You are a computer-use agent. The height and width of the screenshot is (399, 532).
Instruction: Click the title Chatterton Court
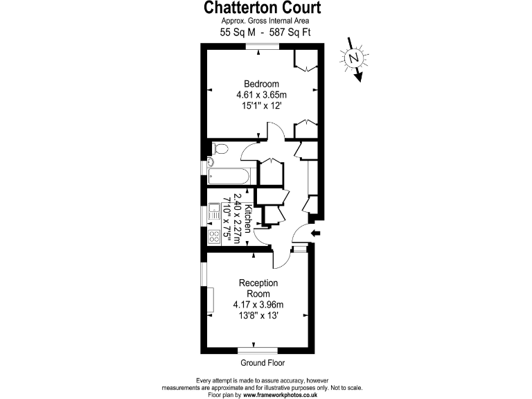[263, 8]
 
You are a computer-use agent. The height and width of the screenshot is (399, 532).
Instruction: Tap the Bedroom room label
[262, 84]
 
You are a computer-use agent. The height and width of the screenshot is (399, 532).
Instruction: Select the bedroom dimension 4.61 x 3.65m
[262, 95]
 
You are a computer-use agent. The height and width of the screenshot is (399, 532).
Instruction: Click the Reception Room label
[258, 288]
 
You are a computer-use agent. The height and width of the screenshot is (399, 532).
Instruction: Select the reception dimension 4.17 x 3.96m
[258, 305]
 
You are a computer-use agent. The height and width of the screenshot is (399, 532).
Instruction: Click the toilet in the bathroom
[220, 148]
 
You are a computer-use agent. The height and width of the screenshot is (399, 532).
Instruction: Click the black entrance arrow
[316, 233]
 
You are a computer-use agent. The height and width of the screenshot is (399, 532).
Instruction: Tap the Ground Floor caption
[263, 363]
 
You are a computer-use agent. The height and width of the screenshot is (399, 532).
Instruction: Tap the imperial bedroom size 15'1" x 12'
[262, 106]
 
